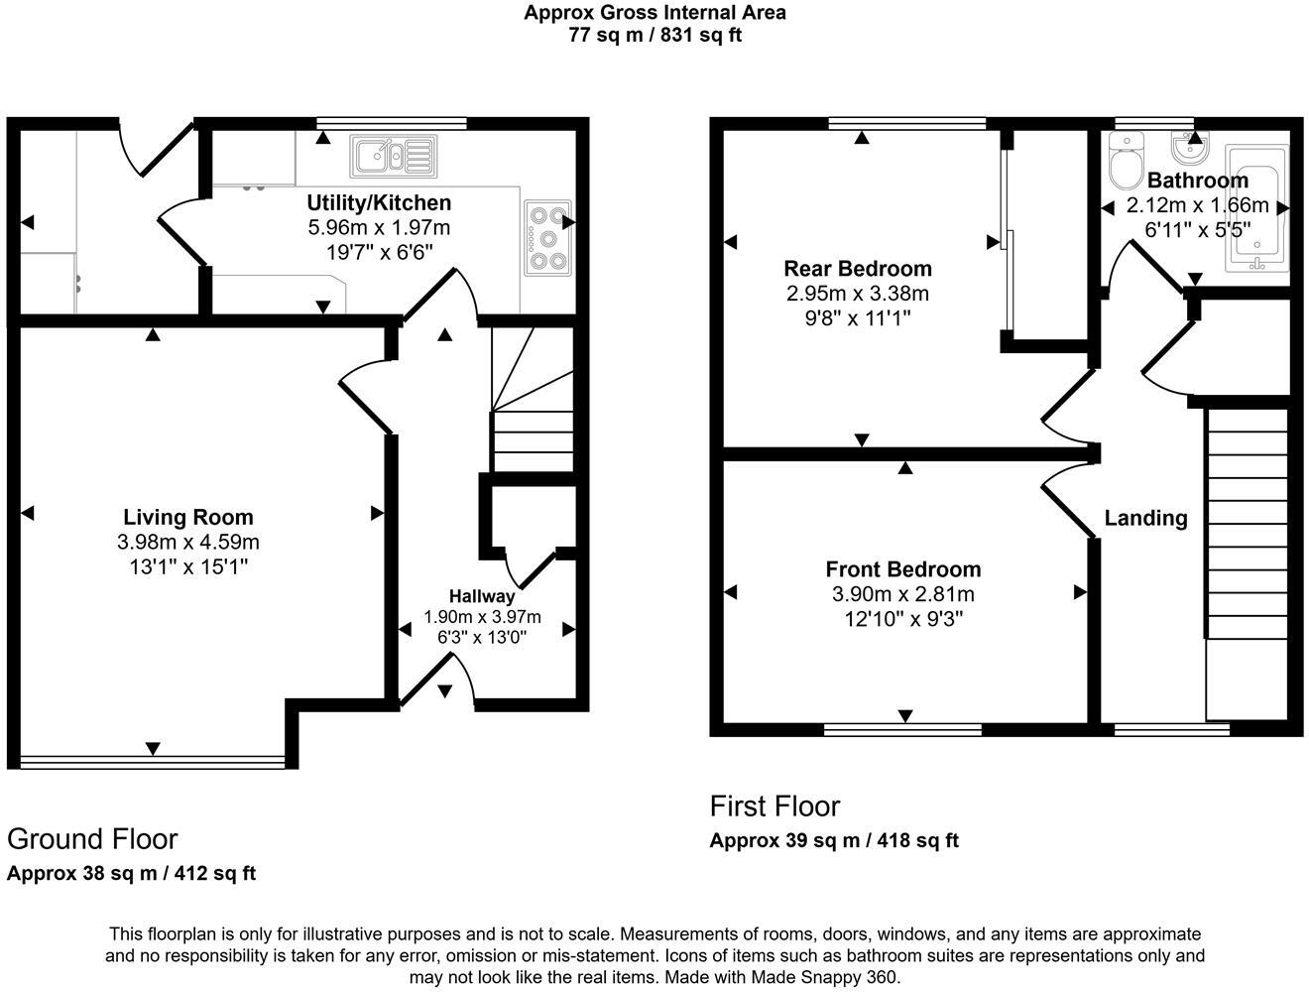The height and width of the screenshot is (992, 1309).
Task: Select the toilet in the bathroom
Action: coord(1127,165)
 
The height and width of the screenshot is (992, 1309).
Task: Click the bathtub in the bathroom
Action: coord(1256,209)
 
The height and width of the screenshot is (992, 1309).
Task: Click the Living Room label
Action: coord(187,517)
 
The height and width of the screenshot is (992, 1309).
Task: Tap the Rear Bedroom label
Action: coord(857,268)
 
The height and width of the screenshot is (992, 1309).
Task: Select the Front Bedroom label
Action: coord(902,569)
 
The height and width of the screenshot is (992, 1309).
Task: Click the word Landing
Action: coord(1145,518)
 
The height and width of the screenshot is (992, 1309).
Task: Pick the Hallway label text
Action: coord(482,596)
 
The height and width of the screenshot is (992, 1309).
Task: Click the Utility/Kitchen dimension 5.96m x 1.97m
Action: coord(379,227)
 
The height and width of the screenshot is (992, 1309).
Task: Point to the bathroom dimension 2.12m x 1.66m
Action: coord(1197,206)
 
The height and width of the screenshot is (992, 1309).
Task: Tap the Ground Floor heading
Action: coord(92,839)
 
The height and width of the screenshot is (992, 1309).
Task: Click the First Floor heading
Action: coord(774,806)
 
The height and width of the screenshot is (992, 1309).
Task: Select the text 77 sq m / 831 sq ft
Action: coord(654,36)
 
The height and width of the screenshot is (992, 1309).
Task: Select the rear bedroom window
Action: coord(907,123)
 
